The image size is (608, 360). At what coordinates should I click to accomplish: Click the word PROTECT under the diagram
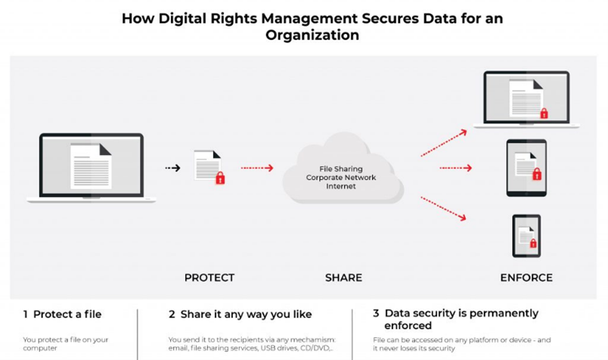[x=209, y=278]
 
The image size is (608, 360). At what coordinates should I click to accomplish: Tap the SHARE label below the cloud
[x=343, y=278]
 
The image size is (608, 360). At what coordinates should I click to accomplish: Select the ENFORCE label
[x=526, y=278]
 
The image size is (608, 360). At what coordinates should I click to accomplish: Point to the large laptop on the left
[x=92, y=167]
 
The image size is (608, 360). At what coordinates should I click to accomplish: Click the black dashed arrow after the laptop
[x=173, y=168]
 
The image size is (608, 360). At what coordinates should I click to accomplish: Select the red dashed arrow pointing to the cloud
[x=257, y=168]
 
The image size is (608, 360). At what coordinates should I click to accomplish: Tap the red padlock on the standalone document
[x=220, y=178]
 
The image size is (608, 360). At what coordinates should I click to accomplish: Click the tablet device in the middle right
[x=526, y=168]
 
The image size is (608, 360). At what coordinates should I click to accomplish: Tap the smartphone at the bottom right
[x=526, y=235]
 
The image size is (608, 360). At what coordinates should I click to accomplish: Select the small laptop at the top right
[x=526, y=99]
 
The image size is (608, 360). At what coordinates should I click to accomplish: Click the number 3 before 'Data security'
[x=376, y=313]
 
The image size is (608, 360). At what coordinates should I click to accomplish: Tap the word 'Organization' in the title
[x=312, y=36]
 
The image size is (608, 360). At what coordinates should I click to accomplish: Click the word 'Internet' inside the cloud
[x=340, y=186]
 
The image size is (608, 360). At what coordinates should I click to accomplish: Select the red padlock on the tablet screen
[x=537, y=175]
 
